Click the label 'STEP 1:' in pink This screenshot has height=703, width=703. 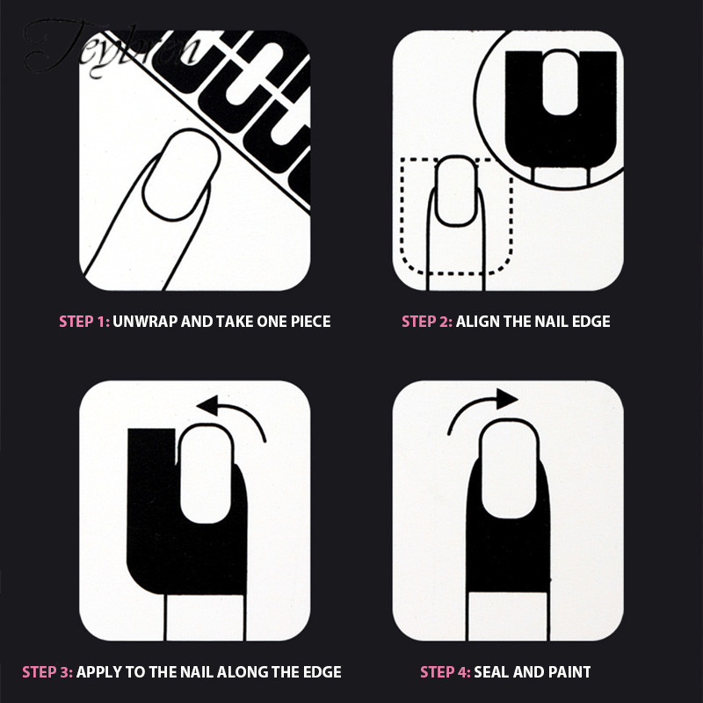(84, 322)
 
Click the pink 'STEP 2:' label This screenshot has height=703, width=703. (427, 322)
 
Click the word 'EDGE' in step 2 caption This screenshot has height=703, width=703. (591, 322)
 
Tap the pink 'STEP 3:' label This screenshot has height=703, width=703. (47, 673)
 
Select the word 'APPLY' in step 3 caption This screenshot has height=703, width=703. (100, 673)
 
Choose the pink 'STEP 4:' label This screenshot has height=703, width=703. (446, 673)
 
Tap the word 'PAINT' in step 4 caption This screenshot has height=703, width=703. (569, 673)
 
